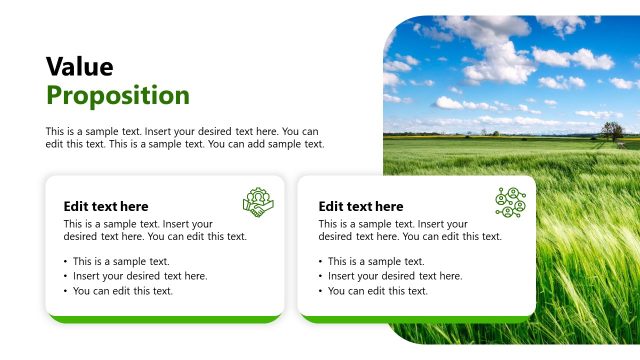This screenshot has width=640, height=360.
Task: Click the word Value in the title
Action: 80,67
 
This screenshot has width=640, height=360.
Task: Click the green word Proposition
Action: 118,96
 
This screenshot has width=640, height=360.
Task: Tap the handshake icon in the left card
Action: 258,202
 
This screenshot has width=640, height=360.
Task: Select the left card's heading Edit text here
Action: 106,206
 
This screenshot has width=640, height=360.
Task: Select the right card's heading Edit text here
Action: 361,206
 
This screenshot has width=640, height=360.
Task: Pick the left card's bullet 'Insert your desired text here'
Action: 139,276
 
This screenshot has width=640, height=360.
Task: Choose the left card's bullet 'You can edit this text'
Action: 122,291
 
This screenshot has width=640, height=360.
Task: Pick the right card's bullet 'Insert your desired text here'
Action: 394,276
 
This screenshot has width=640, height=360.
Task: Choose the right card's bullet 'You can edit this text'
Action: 377,291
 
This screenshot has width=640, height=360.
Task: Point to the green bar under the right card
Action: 418,319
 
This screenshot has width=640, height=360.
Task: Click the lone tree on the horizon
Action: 612,130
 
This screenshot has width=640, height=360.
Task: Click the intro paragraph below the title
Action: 185,138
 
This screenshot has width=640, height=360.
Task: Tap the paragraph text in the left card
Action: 155,231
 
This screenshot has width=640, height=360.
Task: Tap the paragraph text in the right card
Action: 410,231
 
